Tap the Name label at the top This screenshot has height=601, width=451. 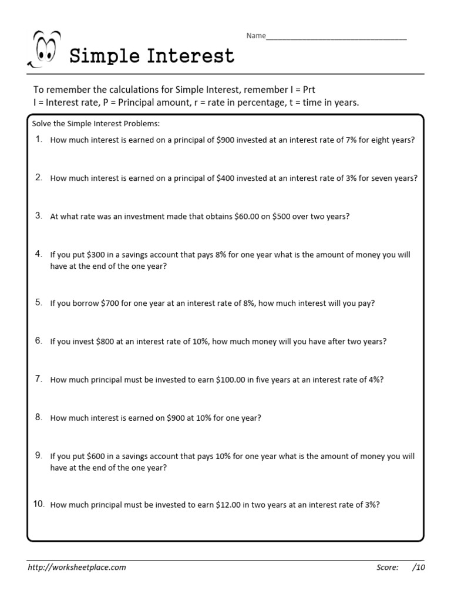tap(255, 36)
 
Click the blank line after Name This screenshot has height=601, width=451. tap(336, 38)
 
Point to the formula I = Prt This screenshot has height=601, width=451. tap(302, 90)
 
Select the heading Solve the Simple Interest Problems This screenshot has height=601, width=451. tap(95, 124)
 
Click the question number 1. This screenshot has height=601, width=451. tap(39, 140)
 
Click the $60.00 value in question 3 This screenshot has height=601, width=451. tap(246, 217)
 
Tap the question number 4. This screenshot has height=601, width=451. tap(39, 254)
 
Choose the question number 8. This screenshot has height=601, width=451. tap(39, 417)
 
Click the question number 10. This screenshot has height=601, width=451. tap(38, 504)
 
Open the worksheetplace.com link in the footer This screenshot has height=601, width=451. tap(77, 568)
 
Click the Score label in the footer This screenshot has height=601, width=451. tap(388, 568)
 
